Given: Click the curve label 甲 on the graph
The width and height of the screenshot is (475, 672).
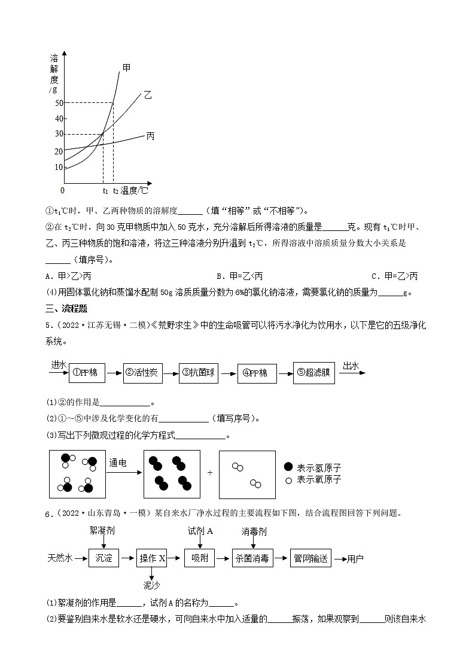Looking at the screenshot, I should (x=126, y=68).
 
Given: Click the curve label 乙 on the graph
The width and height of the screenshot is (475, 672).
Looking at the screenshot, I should (x=147, y=95).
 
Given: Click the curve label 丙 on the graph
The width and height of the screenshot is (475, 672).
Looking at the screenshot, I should (x=150, y=136).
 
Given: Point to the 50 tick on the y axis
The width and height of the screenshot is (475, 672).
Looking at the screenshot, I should (x=59, y=103).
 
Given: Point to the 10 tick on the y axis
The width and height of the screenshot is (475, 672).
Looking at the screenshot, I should (x=59, y=167).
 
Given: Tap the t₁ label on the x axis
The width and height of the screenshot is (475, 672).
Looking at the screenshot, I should (x=105, y=190).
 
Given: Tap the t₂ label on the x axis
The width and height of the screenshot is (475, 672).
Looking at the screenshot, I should (x=116, y=190).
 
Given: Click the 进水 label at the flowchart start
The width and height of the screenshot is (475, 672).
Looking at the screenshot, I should (x=59, y=364).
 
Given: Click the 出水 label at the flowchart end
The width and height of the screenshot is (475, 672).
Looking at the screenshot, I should (x=350, y=364).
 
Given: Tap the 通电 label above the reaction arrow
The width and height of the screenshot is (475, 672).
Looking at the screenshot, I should (x=117, y=463).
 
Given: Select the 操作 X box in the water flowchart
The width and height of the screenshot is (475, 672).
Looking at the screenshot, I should (x=152, y=558).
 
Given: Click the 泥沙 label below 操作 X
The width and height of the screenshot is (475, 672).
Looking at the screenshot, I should (x=152, y=585).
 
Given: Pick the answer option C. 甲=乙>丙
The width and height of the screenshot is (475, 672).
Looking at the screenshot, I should (x=394, y=276).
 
